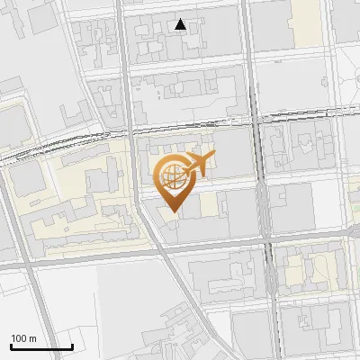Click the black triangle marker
click(181, 24)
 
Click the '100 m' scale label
click(24, 338)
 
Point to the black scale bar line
click(41, 347)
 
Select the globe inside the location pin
click(172, 177)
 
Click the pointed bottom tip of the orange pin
click(173, 213)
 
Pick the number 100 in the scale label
click(19, 338)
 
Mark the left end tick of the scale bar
click(11, 346)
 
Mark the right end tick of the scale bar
click(72, 346)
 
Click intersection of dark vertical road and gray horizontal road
click(267, 238)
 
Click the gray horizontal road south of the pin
click(216, 244)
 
